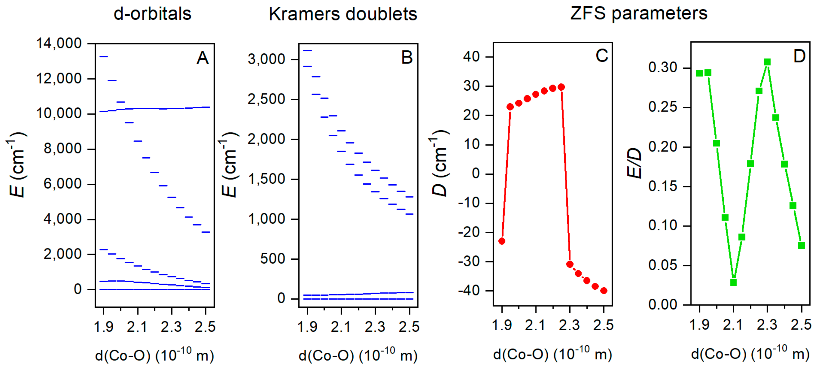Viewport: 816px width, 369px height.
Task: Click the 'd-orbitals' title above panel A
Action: coord(152,14)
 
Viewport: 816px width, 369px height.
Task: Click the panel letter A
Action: coord(203,58)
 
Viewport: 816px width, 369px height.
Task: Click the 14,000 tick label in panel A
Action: coord(59,43)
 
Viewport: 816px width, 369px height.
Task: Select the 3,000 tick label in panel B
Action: coord(266,59)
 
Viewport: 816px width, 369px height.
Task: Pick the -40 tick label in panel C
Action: coord(469,291)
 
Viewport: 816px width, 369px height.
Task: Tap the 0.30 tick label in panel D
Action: coord(662,67)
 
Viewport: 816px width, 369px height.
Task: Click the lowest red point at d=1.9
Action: coord(502,241)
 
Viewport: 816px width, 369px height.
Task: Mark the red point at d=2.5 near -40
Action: coord(604,291)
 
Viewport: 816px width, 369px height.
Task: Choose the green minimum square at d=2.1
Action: coord(733,282)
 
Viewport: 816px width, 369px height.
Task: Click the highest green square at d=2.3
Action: coord(767,62)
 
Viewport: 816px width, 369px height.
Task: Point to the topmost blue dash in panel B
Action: coord(308,50)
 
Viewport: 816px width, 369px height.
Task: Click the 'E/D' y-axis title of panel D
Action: coord(634,163)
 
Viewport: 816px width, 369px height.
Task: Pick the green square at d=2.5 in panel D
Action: coord(801,246)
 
